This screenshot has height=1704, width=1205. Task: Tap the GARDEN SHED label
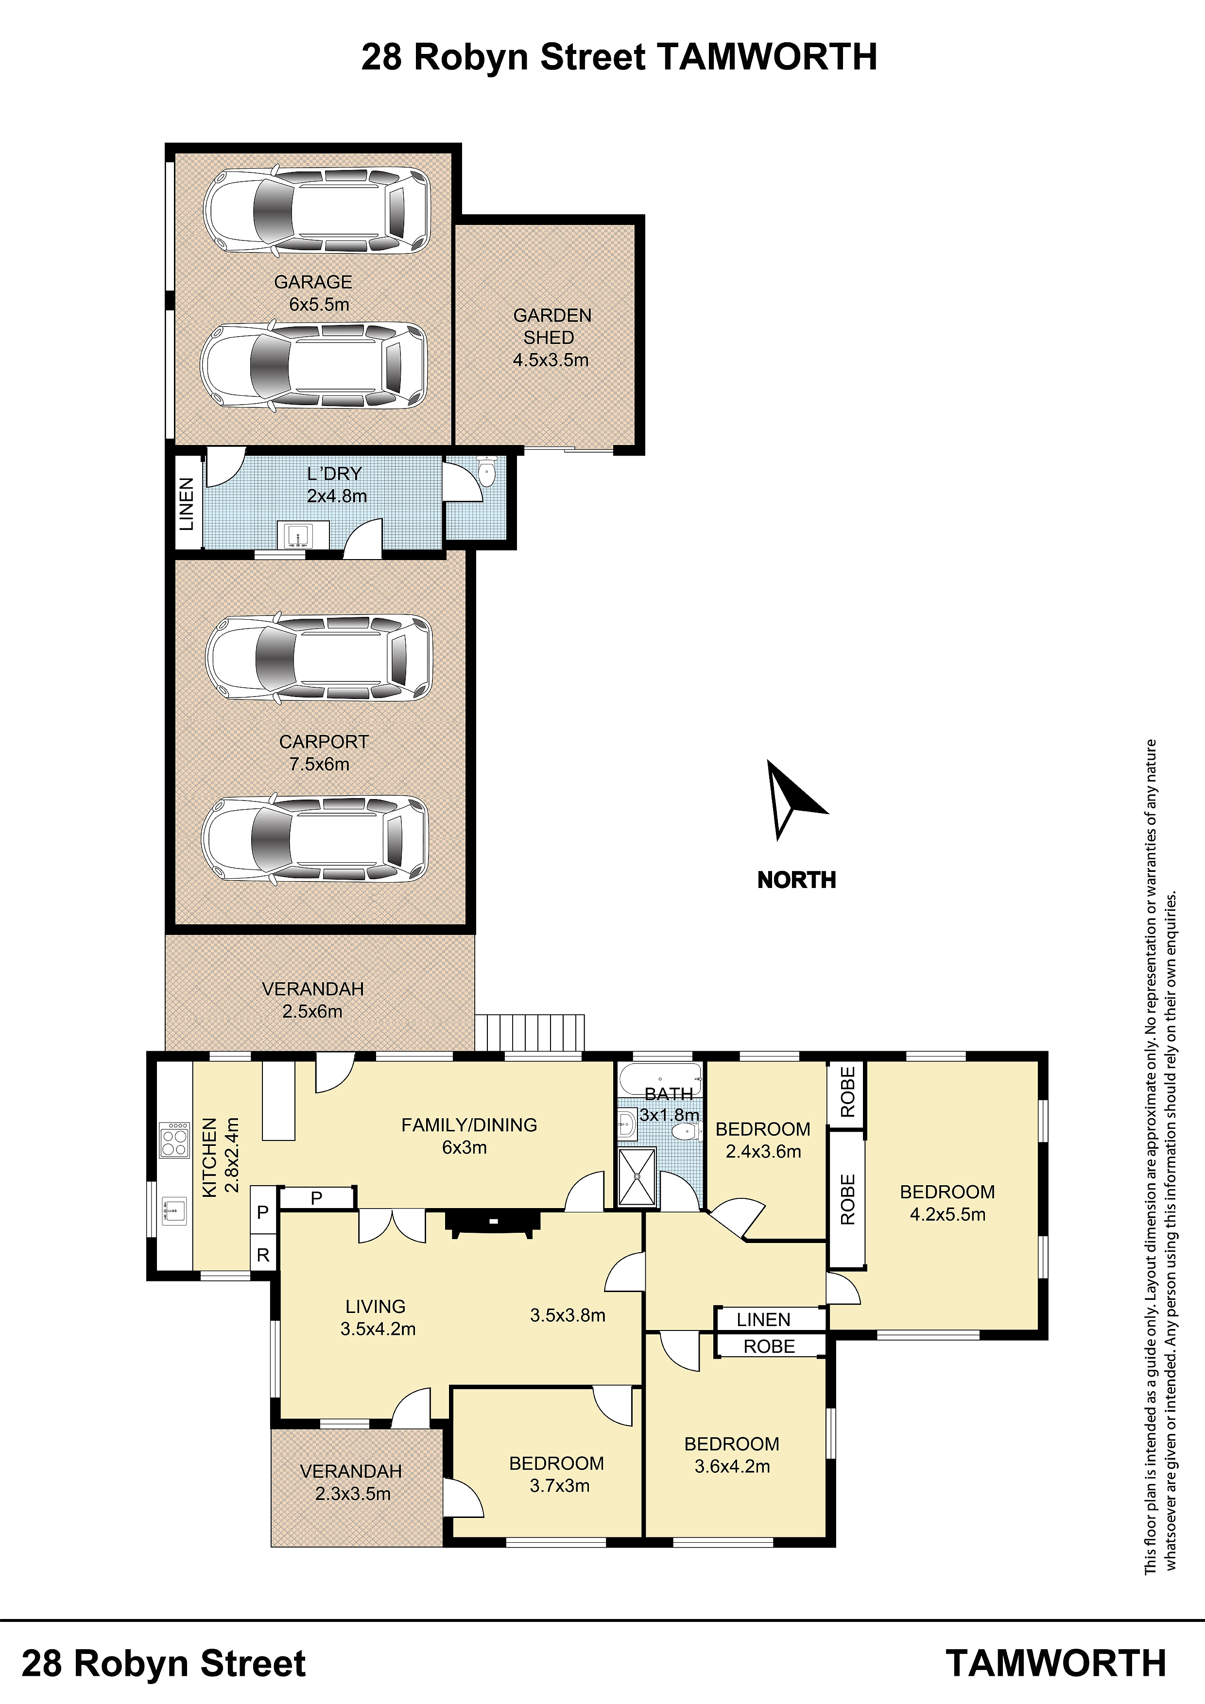point(551,326)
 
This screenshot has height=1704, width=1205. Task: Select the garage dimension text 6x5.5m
point(319,304)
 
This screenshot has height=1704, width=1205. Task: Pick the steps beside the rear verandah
point(529,1032)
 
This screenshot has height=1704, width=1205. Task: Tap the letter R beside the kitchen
point(263,1255)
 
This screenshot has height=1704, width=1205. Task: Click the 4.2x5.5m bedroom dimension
point(947,1214)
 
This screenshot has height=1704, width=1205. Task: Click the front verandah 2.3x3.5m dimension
point(353,1494)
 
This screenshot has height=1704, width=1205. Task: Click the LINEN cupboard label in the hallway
point(763,1320)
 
